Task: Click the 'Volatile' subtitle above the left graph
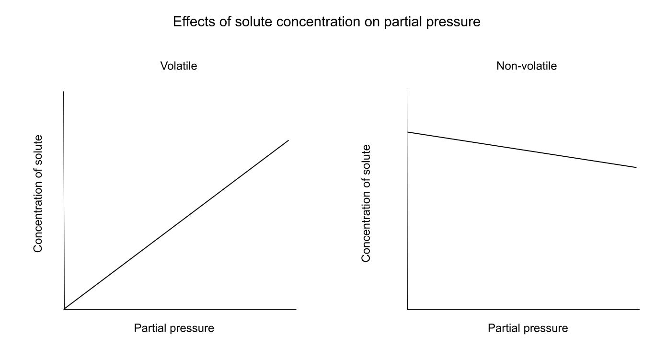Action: [179, 66]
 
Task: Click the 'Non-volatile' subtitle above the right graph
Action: [527, 66]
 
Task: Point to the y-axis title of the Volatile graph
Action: [38, 194]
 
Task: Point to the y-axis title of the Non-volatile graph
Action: [367, 203]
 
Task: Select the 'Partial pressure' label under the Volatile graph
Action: [174, 328]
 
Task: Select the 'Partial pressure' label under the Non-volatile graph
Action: [528, 328]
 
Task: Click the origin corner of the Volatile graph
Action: [64, 309]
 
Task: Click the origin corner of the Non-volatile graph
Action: [407, 309]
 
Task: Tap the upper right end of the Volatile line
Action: [288, 140]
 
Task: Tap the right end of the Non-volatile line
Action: [636, 167]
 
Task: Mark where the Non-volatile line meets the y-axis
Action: [407, 132]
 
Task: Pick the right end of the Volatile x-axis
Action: [296, 309]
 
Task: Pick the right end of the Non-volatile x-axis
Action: [640, 309]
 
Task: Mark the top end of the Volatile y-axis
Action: [64, 92]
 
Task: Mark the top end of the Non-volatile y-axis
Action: [407, 92]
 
